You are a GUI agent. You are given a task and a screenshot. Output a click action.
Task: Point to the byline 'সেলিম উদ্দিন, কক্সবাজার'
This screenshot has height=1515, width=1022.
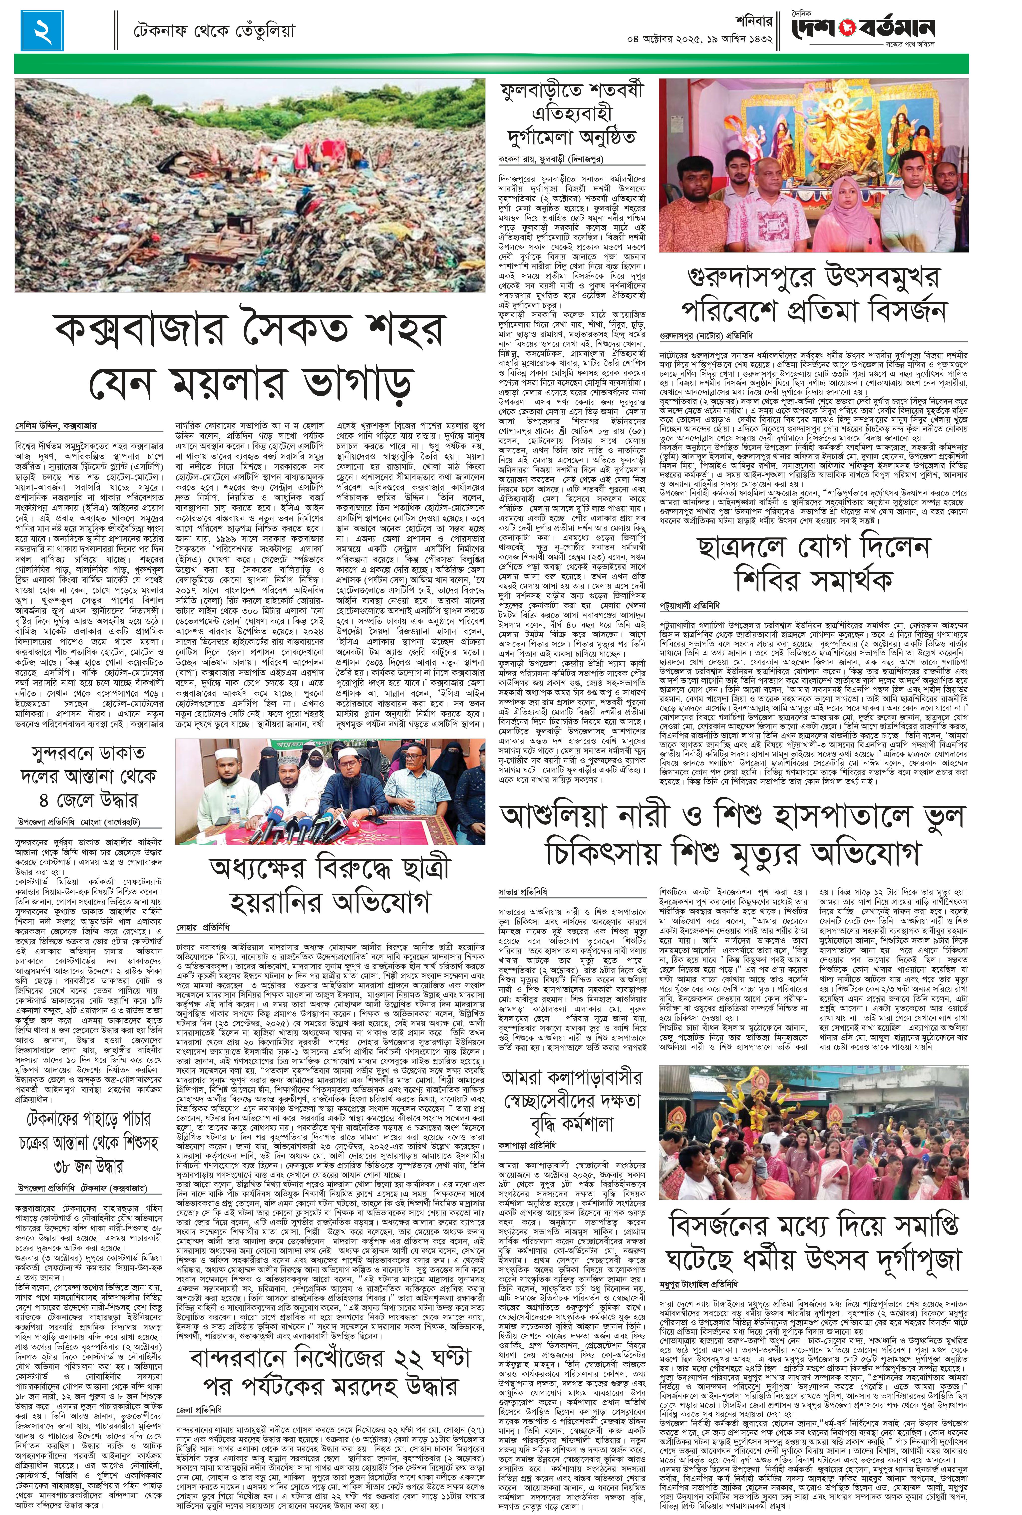pos(56,426)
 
